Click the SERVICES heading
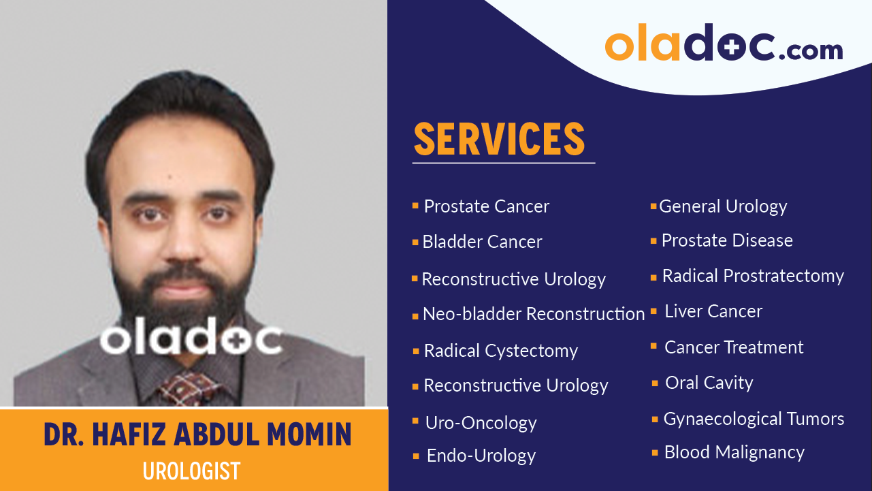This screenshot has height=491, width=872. (500, 139)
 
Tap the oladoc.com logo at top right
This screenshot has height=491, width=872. (724, 45)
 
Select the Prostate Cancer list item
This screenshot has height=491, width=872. (486, 206)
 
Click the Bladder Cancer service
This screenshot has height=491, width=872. (482, 242)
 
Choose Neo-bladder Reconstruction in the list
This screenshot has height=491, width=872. (533, 314)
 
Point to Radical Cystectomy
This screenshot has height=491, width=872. (500, 351)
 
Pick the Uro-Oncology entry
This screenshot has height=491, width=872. (481, 423)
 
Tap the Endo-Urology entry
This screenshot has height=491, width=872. (481, 456)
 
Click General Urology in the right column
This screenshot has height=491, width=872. (723, 206)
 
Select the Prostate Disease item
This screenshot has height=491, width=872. (727, 240)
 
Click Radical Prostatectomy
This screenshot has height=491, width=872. (753, 276)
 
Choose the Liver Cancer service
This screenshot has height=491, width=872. (713, 311)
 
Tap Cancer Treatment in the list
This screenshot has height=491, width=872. (734, 347)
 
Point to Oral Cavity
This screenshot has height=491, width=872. (709, 383)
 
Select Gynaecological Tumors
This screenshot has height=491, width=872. (754, 419)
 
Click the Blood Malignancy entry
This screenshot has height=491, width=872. (734, 452)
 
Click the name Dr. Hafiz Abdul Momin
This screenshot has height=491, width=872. (197, 434)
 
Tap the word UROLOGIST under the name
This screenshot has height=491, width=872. (192, 471)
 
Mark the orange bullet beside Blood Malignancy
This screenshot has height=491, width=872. (654, 452)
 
